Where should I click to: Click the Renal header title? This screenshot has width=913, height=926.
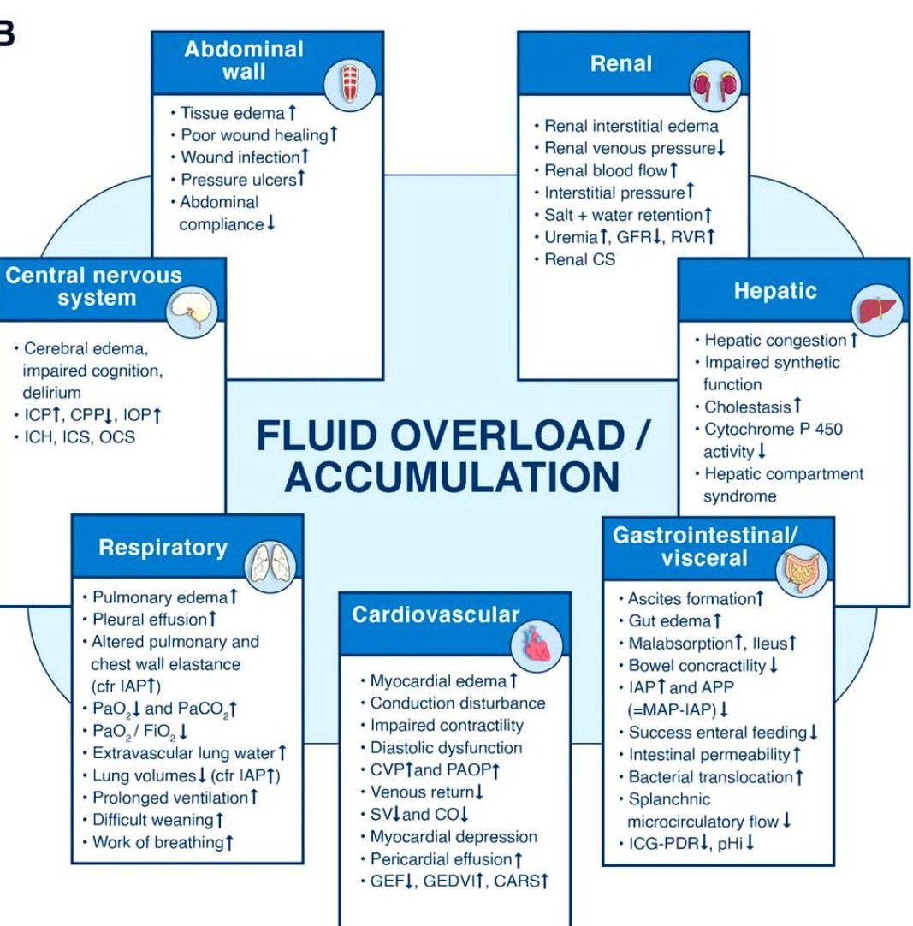coord(620,63)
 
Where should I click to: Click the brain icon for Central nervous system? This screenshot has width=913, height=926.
coord(193,312)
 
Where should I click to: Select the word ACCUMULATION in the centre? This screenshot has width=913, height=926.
coord(452,477)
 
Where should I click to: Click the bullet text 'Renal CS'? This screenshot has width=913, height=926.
coord(579,259)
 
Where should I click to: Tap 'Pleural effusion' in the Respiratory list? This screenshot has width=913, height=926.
coord(150,619)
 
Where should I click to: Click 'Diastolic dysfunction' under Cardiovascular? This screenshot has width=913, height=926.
coord(446,747)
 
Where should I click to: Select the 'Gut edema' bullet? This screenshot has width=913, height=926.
coord(670,620)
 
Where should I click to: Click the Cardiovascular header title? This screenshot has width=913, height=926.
coord(436,615)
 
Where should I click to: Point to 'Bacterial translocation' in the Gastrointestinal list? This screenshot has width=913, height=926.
coord(711,777)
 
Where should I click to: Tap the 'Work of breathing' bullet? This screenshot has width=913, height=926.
coord(158,842)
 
